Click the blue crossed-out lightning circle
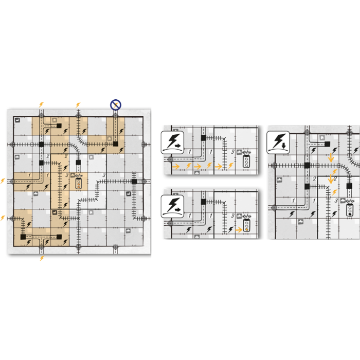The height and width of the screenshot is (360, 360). pos(116,104)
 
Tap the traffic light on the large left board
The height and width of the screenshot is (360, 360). pos(78,184)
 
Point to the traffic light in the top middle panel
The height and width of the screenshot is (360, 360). pos(247,161)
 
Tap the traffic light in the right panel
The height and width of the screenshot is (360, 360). pos(350,211)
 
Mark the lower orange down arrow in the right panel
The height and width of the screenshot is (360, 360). pos(330,179)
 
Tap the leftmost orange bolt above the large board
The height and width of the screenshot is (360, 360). pos(42,104)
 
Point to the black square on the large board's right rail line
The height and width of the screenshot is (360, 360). pos(134,182)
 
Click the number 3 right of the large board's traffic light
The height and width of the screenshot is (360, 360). pos(104,175)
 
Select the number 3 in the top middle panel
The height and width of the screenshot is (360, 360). pos(232,152)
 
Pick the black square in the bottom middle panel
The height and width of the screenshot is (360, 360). pos(204,202)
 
